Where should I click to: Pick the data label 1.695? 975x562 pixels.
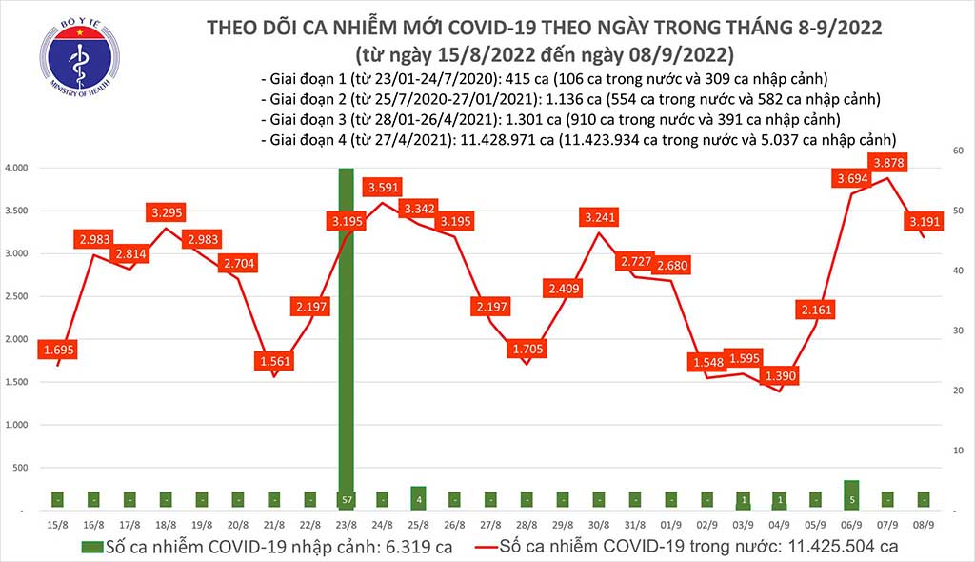(x=60, y=351)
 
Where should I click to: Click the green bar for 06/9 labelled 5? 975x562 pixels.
(x=851, y=494)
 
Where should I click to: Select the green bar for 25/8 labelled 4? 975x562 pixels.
(x=418, y=497)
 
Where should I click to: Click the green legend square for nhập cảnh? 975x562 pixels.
(x=89, y=547)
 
